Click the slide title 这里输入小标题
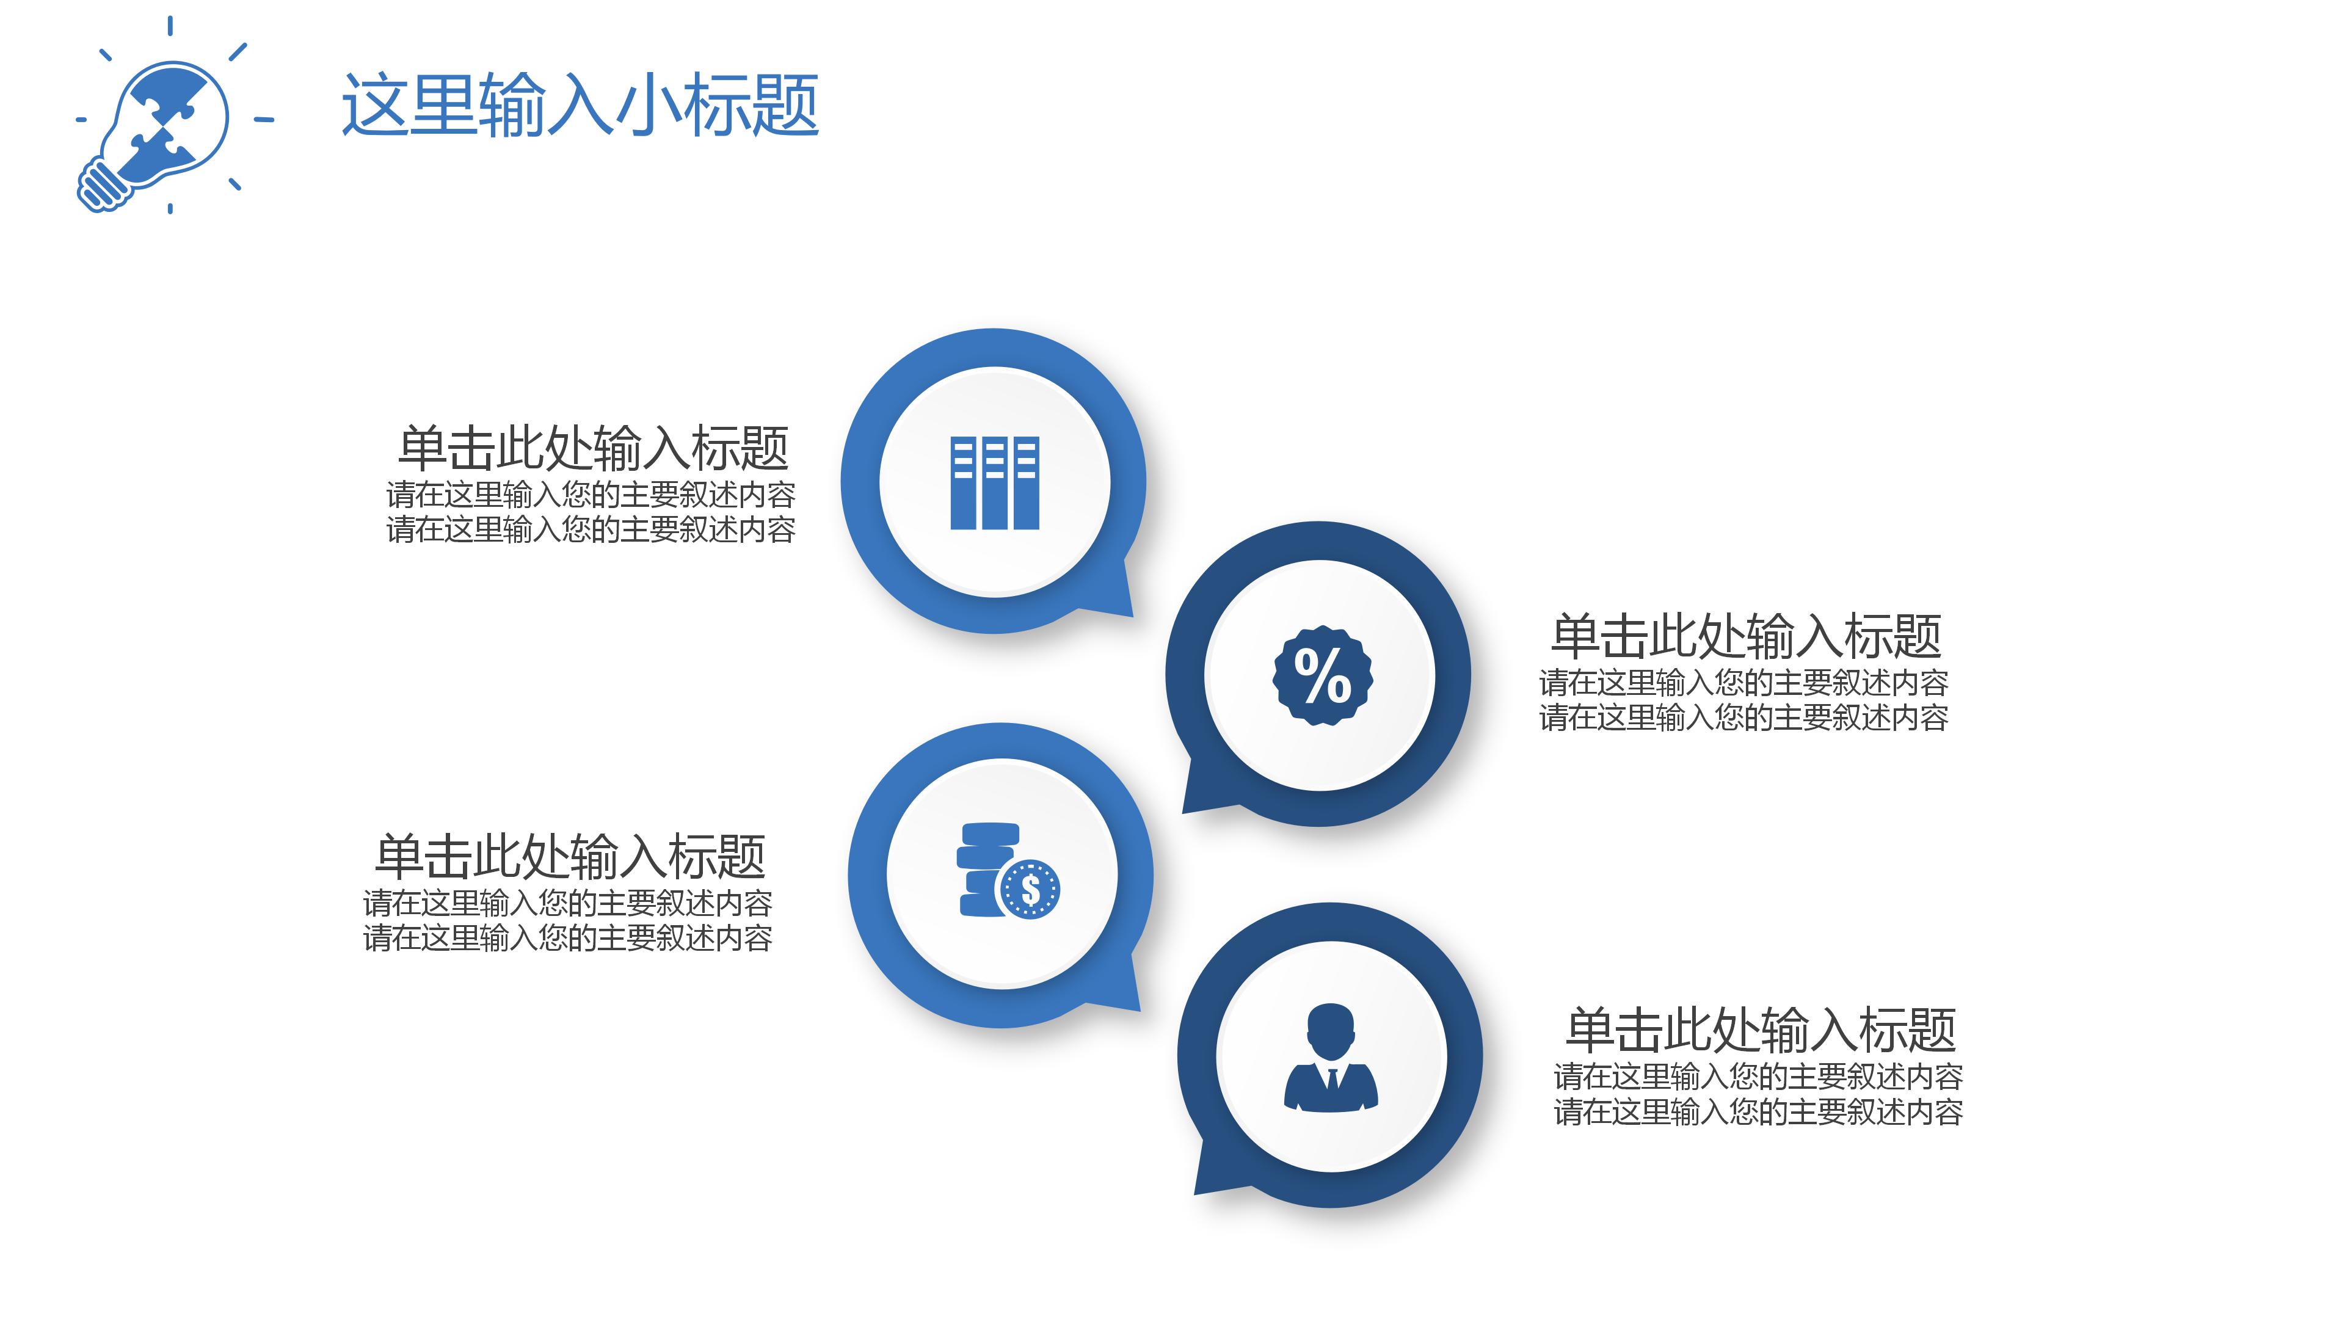(580, 106)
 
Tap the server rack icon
(994, 482)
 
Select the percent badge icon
(1321, 675)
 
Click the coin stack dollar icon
(1008, 872)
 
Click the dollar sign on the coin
(1030, 889)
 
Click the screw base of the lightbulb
(102, 185)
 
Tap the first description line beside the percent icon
(1743, 682)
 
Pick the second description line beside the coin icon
(567, 937)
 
